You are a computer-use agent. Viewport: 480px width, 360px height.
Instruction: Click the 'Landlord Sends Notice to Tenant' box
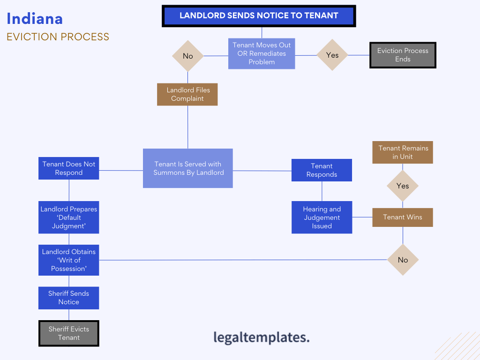point(259,15)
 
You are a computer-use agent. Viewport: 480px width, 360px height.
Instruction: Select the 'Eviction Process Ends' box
point(403,55)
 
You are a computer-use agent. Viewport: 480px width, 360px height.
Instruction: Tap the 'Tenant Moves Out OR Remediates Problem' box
point(262,53)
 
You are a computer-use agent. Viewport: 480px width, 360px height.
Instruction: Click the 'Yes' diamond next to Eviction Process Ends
point(332,55)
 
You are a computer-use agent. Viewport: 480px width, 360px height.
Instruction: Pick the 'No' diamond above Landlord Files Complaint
point(187,56)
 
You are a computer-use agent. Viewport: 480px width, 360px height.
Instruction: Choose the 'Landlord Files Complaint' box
point(187,94)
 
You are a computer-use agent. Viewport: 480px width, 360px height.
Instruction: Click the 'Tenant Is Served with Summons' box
point(188,168)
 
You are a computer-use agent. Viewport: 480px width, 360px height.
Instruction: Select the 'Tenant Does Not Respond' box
point(69,168)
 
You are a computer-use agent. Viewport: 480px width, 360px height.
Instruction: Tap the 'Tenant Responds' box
point(322,170)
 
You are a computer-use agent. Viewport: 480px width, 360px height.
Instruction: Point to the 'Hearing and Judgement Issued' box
point(322,217)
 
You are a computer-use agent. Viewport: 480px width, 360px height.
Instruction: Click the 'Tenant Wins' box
point(403,217)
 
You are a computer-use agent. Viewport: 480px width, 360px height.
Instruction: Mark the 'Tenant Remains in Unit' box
point(403,152)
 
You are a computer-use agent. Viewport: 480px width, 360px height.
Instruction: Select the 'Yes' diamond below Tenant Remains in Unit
point(403,186)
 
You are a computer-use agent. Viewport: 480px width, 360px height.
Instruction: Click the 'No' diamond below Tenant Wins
point(403,260)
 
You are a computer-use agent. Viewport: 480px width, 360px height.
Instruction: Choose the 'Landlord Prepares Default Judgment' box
point(69,217)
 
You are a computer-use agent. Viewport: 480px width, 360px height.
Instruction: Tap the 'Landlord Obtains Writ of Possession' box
point(69,260)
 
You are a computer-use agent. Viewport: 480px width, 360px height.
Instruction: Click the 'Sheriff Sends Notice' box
point(69,298)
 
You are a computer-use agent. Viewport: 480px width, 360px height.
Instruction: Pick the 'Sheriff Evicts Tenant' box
point(69,333)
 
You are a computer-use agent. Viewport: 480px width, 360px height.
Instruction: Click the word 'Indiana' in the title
point(35,19)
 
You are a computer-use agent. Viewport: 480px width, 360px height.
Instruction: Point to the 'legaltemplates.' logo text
point(262,337)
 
